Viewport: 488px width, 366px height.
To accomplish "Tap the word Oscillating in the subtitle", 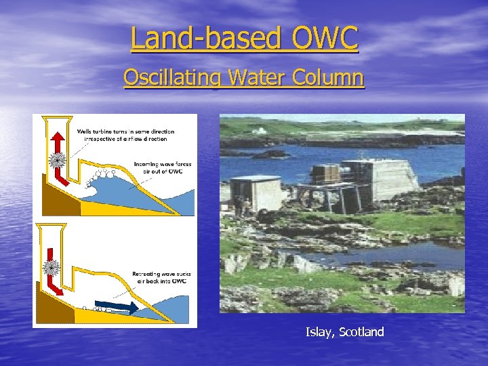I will (173, 77).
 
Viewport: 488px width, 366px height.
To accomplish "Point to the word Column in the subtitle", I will (328, 77).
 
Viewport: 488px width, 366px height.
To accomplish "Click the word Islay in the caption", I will (319, 332).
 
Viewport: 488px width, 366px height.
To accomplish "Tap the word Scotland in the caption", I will (361, 332).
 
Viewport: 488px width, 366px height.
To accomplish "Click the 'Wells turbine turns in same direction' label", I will (125, 135).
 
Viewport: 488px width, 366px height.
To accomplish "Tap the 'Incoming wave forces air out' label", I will (162, 167).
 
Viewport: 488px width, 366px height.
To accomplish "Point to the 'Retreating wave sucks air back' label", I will (162, 278).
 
